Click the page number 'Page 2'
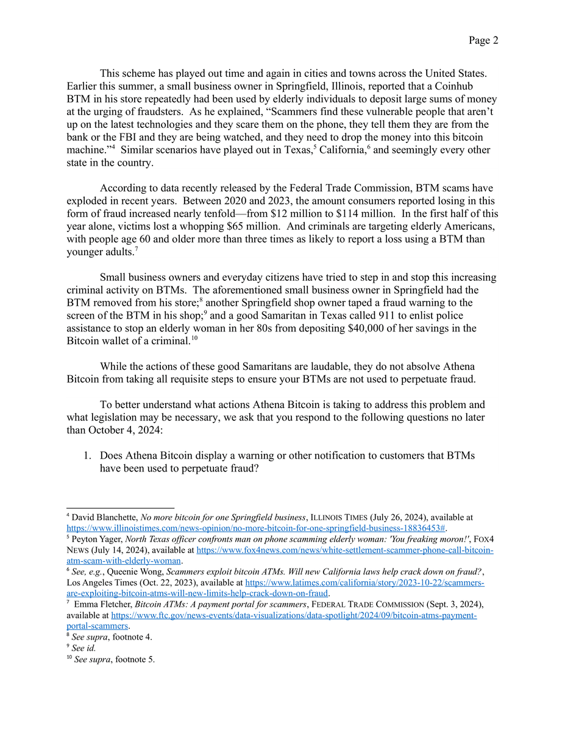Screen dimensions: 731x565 coord(483,40)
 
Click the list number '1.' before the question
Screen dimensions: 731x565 coord(88,455)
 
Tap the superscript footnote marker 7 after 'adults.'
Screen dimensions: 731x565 coord(135,249)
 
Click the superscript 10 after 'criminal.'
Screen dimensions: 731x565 coord(194,338)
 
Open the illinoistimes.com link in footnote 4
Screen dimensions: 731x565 coord(256,528)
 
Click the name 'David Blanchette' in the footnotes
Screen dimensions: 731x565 coord(98,517)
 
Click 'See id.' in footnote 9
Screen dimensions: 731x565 coord(84,648)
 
